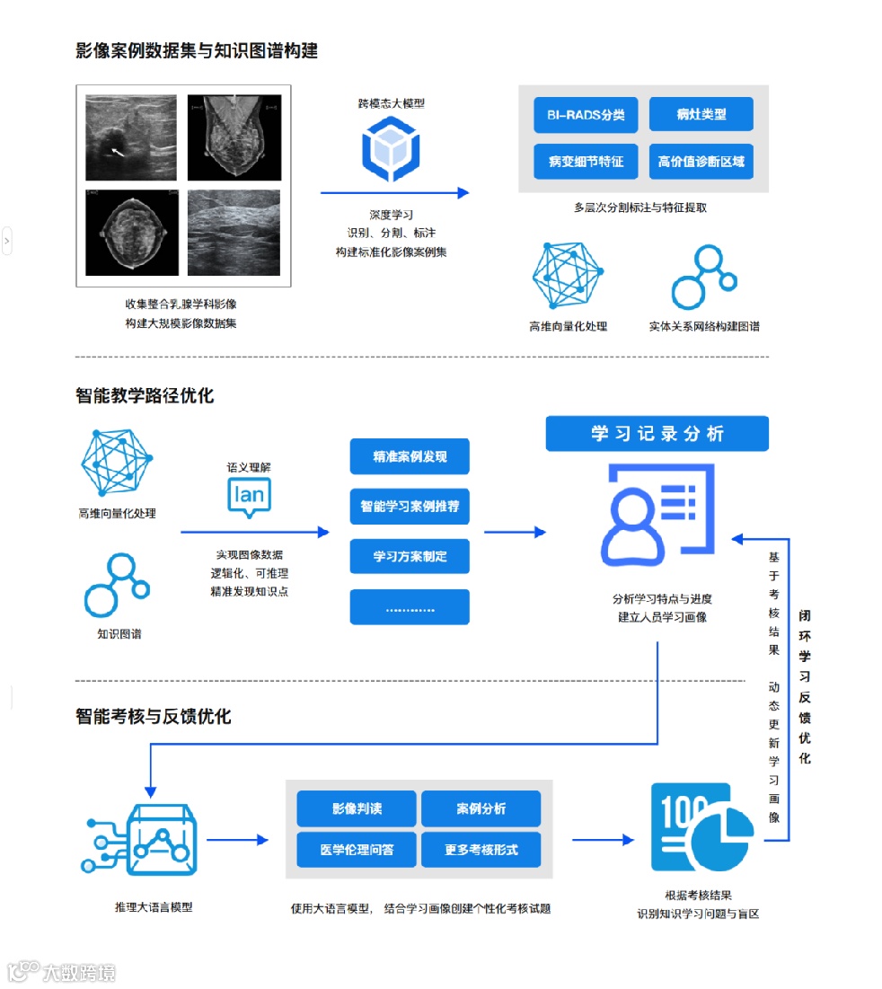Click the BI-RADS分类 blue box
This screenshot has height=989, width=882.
coord(585,115)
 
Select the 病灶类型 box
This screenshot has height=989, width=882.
coord(701,115)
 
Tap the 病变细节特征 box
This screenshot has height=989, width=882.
coord(585,162)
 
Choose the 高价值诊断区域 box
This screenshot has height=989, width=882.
coord(701,162)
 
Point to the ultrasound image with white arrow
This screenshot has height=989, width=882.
coord(131,137)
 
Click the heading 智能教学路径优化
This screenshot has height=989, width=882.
coord(145,395)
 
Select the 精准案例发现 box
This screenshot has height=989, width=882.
coord(410,457)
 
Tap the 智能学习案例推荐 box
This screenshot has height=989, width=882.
coord(410,507)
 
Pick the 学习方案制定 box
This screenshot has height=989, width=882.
coord(410,556)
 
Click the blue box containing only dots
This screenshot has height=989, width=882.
coord(410,607)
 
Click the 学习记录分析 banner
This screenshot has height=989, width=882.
coord(657,434)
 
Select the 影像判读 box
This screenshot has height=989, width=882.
coord(357,808)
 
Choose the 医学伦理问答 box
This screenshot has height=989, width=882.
coord(357,849)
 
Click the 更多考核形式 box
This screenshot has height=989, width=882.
coord(481,849)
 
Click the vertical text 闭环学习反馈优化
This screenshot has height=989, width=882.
coord(805,687)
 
